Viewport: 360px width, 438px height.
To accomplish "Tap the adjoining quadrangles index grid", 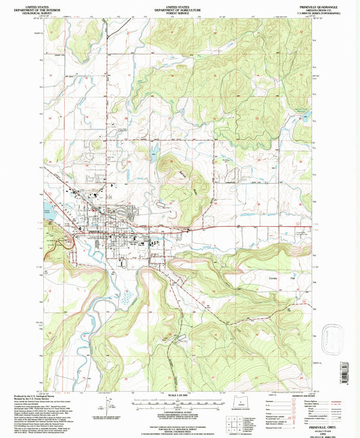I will [234, 425].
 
